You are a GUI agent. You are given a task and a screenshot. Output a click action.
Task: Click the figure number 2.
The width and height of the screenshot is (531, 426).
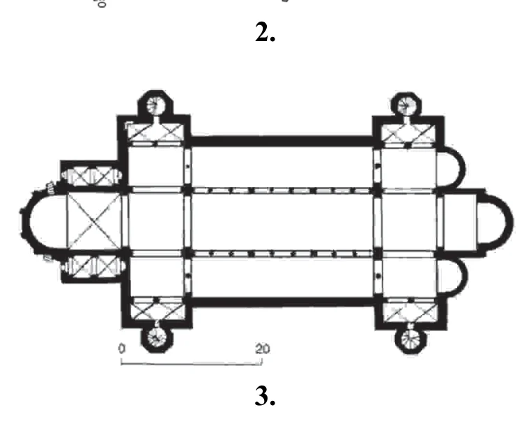265,33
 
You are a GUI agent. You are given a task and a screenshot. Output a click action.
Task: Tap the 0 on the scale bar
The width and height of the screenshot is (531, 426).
122,348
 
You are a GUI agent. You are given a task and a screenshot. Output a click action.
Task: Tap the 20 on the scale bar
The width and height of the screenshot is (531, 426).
263,349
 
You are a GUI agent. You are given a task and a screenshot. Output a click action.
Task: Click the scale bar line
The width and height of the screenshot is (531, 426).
192,364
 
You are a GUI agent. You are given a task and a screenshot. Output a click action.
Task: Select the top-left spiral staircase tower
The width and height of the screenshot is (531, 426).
155,105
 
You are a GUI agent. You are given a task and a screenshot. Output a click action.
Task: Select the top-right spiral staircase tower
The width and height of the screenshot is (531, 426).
406,105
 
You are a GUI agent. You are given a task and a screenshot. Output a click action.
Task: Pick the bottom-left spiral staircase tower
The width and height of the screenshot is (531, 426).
157,338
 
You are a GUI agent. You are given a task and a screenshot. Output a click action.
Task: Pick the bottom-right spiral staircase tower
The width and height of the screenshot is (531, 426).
410,340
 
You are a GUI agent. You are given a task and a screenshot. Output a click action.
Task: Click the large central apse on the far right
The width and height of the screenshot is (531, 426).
509,222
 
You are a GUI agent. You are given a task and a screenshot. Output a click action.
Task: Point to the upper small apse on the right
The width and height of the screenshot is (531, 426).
461,168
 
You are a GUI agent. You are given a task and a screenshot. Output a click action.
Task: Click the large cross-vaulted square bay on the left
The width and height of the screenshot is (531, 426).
94,221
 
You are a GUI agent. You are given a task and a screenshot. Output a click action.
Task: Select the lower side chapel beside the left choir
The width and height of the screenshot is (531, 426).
92,268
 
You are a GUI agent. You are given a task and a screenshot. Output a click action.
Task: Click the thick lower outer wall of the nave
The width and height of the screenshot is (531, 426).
283,302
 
